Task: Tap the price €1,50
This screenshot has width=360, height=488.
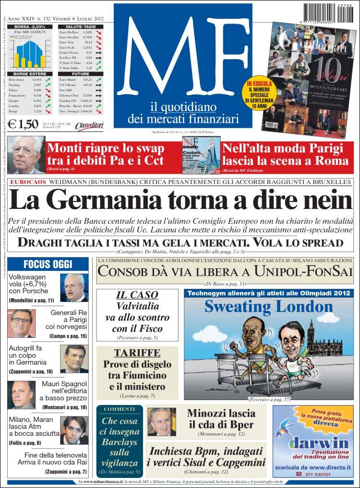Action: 23,124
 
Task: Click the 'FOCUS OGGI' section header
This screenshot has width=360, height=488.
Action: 48,264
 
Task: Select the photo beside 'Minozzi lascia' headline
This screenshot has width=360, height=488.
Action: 161,422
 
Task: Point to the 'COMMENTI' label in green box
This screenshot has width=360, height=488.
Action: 120,409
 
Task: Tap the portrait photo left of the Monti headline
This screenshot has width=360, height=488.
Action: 26,155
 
